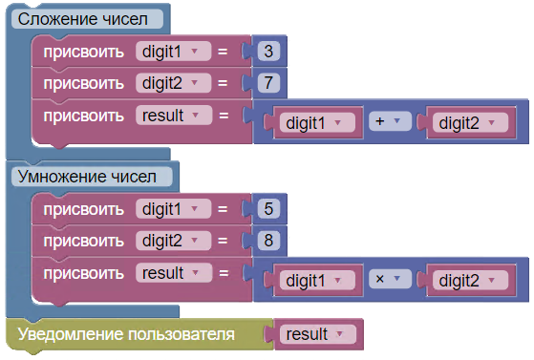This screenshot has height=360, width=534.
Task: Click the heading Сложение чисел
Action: point(83,19)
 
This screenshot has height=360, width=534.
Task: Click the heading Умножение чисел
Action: point(87,177)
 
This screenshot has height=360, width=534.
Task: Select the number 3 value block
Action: point(268,52)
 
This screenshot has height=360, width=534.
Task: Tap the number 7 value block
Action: point(268,83)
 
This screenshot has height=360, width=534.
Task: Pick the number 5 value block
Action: point(268,209)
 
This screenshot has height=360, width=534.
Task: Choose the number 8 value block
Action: point(268,241)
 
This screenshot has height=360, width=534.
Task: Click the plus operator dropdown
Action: point(390,121)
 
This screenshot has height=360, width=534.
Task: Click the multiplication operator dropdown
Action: point(390,279)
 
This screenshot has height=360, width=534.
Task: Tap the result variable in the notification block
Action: point(318,334)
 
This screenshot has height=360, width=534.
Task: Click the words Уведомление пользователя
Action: point(126,334)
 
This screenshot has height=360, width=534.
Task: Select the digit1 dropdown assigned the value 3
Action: point(173,52)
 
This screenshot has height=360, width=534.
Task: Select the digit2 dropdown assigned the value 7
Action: point(173,83)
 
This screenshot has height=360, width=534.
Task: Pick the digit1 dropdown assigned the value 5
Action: point(173,209)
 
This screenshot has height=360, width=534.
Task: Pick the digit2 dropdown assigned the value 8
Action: point(173,241)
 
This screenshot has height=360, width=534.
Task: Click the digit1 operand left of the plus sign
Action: point(317,122)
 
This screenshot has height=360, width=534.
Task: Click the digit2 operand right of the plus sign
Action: point(470,122)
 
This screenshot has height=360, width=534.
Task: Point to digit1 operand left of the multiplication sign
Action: point(317,281)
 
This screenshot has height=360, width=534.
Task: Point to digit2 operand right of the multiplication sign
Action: point(470,281)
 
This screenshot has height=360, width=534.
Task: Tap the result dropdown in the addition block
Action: point(174,116)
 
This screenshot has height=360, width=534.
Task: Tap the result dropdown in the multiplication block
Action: point(174,273)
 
